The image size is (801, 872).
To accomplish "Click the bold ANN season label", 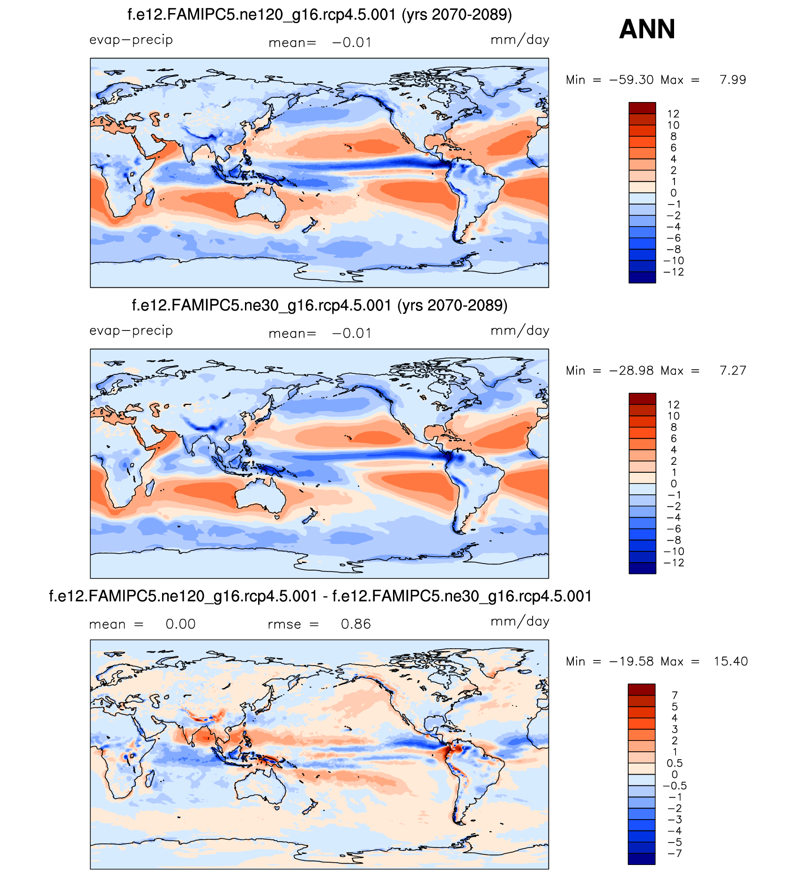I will (647, 29).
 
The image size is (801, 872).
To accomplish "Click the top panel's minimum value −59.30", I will (631, 80).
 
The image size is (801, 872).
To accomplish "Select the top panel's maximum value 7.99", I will (733, 80).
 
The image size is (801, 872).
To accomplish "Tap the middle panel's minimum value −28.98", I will (631, 371).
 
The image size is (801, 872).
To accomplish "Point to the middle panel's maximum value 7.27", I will (733, 371).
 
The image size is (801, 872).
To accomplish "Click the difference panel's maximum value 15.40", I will (731, 661).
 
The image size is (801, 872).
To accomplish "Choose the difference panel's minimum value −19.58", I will (631, 661).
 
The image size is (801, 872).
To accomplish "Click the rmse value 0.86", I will (356, 624).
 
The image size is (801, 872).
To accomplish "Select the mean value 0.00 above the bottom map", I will (180, 624).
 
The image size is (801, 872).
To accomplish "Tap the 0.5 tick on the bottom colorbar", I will (674, 763).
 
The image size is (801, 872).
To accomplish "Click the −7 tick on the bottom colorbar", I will (674, 853).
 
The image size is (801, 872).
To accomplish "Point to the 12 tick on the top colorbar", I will (673, 114).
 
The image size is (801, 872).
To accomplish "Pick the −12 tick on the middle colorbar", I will (674, 563).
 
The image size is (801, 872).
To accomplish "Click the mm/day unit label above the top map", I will (519, 40).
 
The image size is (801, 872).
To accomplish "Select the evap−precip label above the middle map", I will (131, 330).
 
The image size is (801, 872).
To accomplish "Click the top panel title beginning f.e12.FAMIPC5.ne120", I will (319, 15).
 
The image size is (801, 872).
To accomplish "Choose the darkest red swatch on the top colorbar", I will (642, 108).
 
